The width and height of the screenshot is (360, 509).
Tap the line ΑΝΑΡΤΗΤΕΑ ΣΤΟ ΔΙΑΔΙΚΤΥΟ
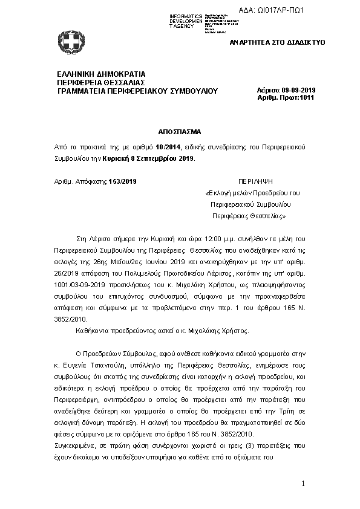278,43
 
